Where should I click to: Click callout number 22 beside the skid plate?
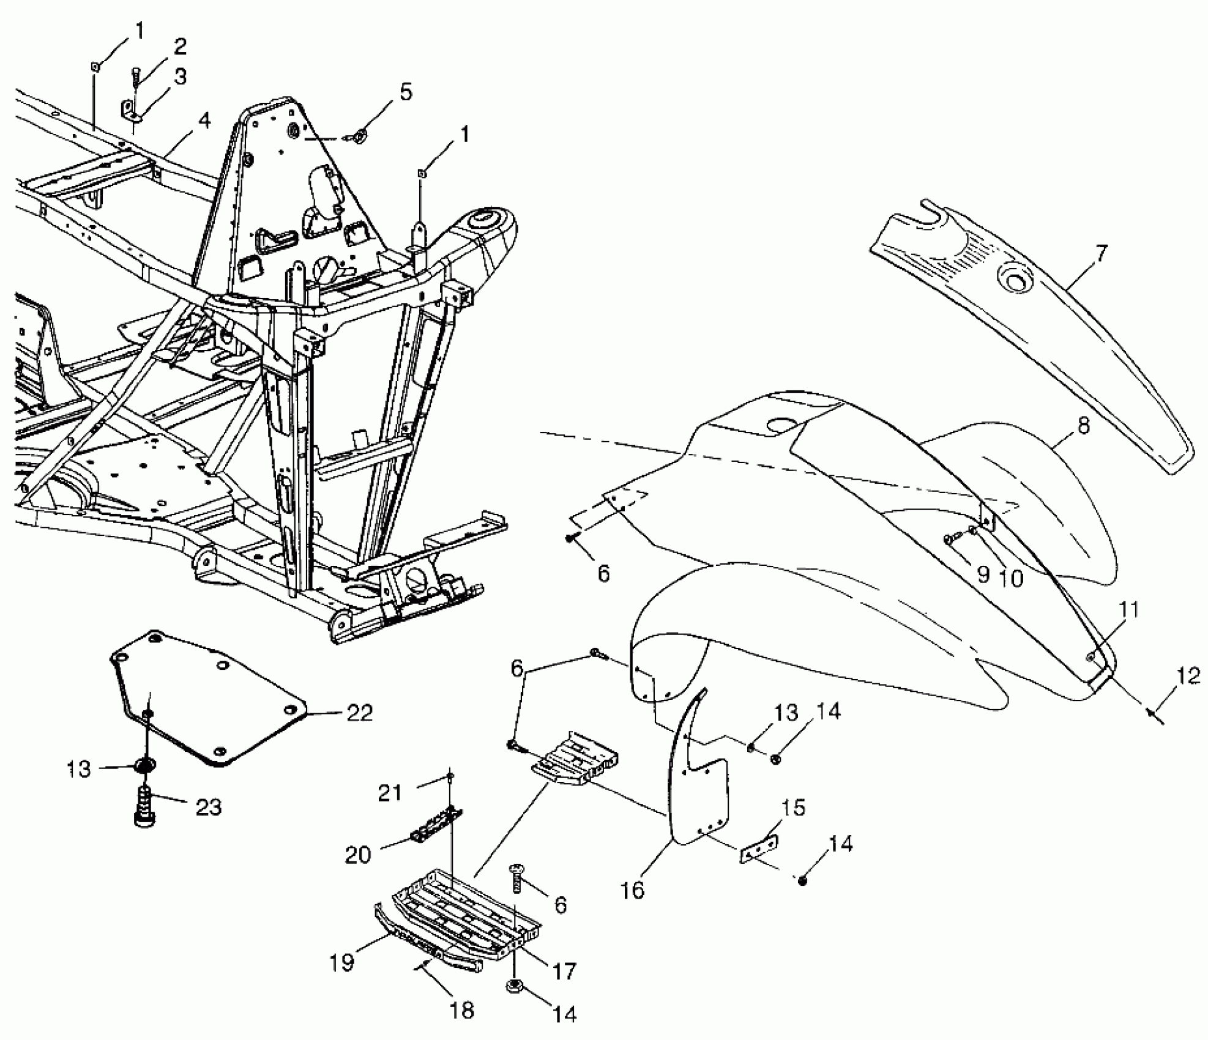click(x=359, y=713)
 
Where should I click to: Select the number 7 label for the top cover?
click(x=1100, y=253)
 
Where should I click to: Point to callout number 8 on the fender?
click(x=1083, y=426)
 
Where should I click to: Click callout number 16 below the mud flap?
click(x=633, y=890)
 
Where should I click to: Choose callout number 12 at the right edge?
click(x=1188, y=677)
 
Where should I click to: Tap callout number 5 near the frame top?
click(x=406, y=92)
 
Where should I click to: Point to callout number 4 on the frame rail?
click(x=204, y=121)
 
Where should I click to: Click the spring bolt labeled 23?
click(x=144, y=806)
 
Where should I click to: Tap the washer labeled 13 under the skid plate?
click(x=146, y=765)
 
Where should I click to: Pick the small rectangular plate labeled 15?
click(x=759, y=850)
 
